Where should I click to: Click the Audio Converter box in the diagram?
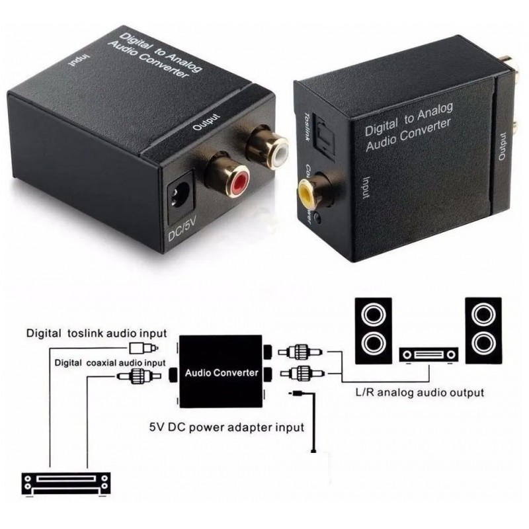pyautogui.click(x=221, y=372)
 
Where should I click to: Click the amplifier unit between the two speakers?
pyautogui.click(x=428, y=355)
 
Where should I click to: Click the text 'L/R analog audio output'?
pyautogui.click(x=419, y=393)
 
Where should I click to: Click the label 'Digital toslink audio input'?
pyautogui.click(x=97, y=333)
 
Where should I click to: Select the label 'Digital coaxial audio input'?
pyautogui.click(x=110, y=363)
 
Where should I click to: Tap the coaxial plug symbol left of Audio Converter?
pyautogui.click(x=137, y=377)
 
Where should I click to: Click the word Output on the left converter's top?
pyautogui.click(x=205, y=123)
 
